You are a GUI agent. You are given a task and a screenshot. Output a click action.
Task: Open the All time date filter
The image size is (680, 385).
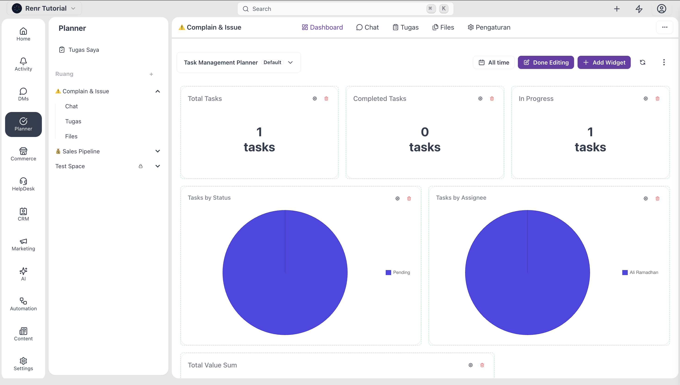[493, 62]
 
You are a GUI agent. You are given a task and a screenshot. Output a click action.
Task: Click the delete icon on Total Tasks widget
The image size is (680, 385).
[326, 99]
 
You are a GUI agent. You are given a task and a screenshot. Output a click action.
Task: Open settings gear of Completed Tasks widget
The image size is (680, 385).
[480, 99]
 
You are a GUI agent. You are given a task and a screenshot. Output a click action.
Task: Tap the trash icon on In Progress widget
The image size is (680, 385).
[657, 99]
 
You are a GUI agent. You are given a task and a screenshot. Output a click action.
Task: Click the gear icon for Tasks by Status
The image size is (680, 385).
[397, 198]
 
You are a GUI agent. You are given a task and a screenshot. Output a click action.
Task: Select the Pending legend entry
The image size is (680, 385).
[398, 272]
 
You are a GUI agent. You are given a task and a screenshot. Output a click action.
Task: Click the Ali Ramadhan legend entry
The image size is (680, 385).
[640, 272]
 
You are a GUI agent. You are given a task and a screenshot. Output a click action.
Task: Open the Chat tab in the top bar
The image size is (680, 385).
[367, 27]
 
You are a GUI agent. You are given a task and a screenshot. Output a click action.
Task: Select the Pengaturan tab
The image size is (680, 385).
[489, 27]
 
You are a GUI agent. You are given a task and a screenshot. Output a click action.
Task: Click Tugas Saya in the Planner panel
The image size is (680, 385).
[79, 50]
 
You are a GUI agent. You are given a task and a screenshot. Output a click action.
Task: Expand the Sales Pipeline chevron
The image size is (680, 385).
[158, 151]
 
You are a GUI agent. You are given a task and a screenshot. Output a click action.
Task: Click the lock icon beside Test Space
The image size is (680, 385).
[141, 166]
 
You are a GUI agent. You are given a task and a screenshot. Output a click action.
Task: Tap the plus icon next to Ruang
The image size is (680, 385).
[151, 74]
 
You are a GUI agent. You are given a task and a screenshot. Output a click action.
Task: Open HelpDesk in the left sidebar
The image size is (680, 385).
[23, 184]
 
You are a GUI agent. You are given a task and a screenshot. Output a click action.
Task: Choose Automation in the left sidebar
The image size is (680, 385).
[23, 304]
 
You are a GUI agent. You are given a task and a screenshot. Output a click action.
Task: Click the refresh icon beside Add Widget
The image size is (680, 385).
[643, 62]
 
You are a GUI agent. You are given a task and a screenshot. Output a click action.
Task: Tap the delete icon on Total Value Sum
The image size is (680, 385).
[482, 365]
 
